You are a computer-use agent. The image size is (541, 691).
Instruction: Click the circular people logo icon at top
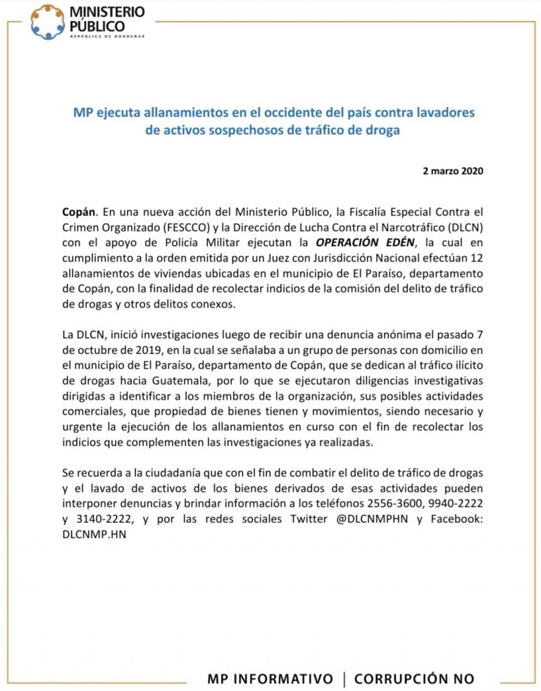[x=47, y=22]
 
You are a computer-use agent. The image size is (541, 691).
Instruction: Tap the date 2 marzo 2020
[x=453, y=171]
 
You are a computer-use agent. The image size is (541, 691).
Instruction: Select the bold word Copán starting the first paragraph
[x=80, y=210]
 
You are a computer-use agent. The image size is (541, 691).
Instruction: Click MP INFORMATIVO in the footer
[x=270, y=678]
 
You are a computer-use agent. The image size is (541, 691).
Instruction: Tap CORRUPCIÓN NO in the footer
[x=414, y=678]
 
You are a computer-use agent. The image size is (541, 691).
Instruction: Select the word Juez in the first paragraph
[x=285, y=257]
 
